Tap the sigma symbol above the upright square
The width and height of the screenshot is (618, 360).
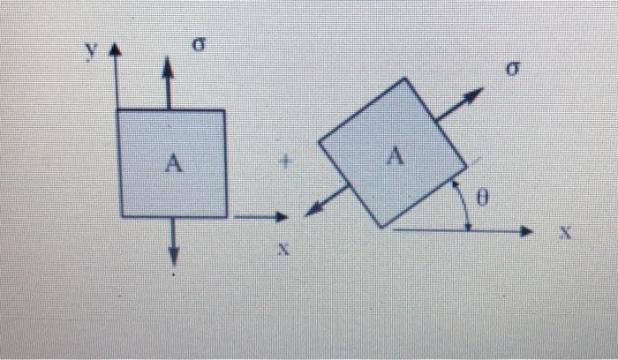(x=200, y=48)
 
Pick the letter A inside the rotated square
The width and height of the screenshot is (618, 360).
(x=395, y=157)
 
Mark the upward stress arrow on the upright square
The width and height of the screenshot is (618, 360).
(x=169, y=85)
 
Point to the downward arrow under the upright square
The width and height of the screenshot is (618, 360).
(x=173, y=244)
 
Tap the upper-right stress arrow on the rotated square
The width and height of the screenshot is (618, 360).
(x=462, y=104)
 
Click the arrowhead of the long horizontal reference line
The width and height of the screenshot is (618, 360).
(x=526, y=231)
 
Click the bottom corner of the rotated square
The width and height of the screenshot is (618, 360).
(x=381, y=228)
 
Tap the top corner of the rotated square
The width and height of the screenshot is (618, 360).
(x=405, y=79)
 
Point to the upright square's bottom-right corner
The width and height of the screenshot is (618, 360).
(x=226, y=215)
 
